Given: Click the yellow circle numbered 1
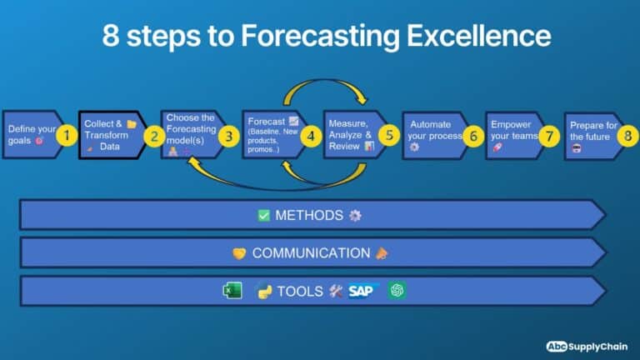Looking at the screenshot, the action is point(67,135).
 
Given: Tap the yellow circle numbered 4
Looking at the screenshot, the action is point(311,136).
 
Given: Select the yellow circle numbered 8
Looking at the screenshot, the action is point(627,136).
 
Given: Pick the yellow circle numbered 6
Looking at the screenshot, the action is point(473,136).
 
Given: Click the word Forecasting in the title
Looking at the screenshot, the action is point(320,36).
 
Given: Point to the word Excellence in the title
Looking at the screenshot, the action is point(479,36).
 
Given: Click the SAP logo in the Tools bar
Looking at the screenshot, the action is point(362,291).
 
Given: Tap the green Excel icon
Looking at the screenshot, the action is point(232,291).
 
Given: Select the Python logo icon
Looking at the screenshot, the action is point(264,292).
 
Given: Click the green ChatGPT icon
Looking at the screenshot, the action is point(397,291).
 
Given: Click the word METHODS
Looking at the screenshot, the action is point(309,215).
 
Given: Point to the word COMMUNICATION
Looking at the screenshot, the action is point(311,253).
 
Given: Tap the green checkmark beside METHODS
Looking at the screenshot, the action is point(263,215).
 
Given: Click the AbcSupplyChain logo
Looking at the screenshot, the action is point(587,347).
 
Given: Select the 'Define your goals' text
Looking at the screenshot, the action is point(32,135).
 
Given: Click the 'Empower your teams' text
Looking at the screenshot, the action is point(514,130).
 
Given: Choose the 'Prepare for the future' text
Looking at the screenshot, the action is point(593,131).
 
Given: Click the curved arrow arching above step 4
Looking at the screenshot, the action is point(325,81).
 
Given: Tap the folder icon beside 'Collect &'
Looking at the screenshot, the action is point(132,123).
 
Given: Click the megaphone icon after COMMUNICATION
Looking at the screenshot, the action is point(382,253).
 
